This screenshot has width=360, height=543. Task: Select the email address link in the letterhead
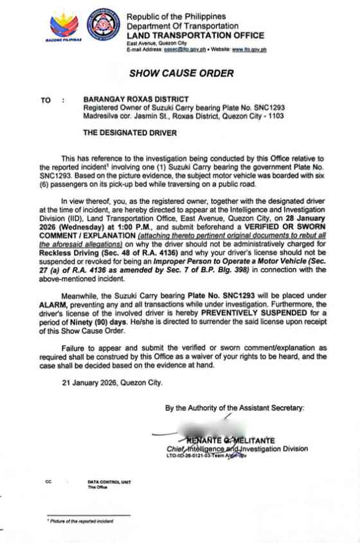click(x=188, y=49)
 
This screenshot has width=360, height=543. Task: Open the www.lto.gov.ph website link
click(x=249, y=49)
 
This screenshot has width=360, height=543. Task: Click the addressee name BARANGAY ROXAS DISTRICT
click(x=136, y=100)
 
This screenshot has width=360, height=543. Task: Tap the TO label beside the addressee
click(x=46, y=100)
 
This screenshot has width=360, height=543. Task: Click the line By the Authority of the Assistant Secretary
click(x=235, y=407)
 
